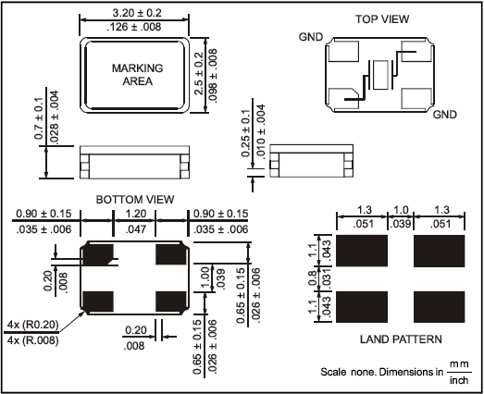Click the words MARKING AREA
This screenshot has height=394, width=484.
pos(137,75)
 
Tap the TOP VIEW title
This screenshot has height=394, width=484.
pos(382,19)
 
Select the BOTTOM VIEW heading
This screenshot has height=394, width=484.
pos(135,200)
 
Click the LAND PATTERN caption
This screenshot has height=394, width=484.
pos(401,339)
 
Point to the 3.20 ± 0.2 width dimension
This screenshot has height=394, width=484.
pos(137,13)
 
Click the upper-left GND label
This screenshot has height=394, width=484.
pos(311,37)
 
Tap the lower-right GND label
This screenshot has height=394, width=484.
pos(444,115)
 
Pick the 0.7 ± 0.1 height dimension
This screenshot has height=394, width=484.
pos(39,118)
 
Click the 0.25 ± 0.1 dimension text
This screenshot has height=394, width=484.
pos(246,133)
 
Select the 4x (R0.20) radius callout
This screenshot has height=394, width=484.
pos(32,325)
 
